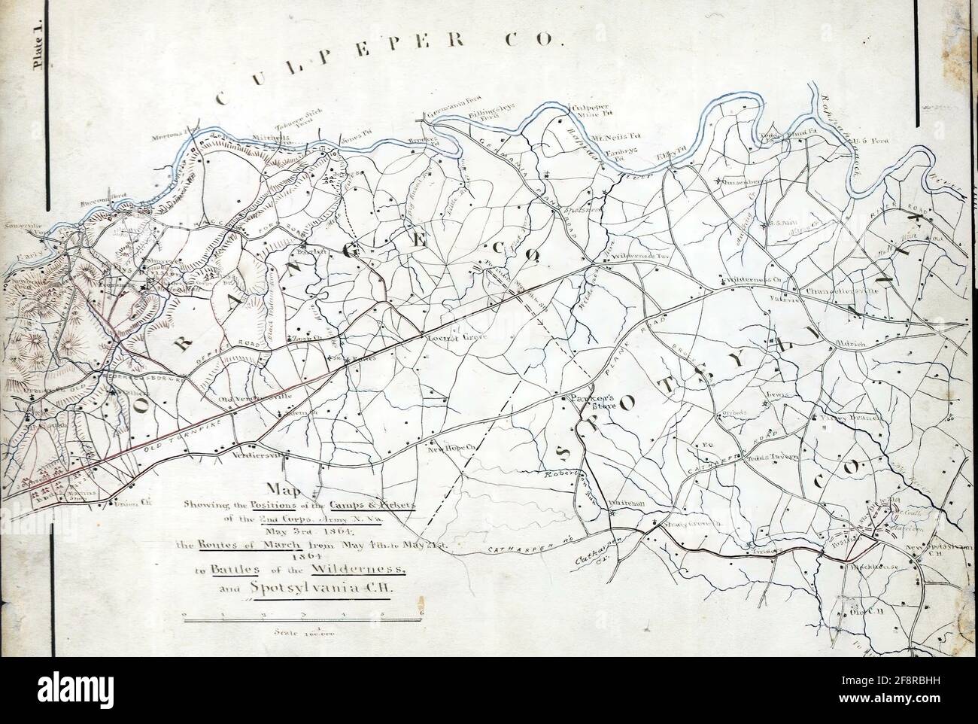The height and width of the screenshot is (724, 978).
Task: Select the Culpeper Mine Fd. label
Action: [x=594, y=112]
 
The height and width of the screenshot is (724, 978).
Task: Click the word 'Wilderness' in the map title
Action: [x=363, y=566]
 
